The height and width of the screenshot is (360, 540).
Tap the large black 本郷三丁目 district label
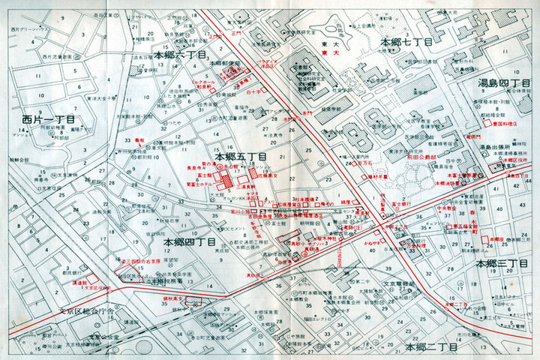click(x=502, y=264)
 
